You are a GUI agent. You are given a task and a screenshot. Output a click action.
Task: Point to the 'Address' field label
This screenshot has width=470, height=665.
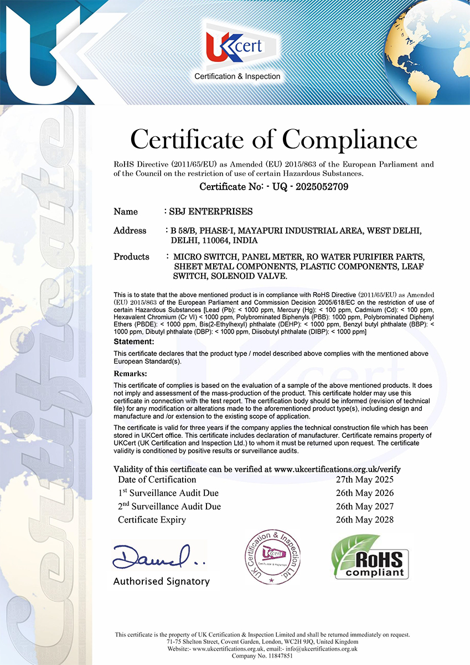pyautogui.click(x=130, y=231)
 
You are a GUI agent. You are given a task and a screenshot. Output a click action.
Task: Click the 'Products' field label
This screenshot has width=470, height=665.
pyautogui.click(x=132, y=257)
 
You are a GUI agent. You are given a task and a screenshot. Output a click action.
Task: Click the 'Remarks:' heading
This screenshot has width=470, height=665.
pyautogui.click(x=131, y=374)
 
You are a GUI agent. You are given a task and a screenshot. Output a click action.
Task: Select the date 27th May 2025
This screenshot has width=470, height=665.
pyautogui.click(x=365, y=479)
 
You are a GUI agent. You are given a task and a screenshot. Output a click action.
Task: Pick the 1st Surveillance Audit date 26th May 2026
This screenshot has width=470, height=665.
pyautogui.click(x=365, y=493)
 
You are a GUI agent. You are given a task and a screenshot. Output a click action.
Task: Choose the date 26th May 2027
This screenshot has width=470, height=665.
pyautogui.click(x=365, y=506)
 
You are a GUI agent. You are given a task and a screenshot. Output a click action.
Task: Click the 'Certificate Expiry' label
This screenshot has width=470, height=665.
pyautogui.click(x=152, y=519)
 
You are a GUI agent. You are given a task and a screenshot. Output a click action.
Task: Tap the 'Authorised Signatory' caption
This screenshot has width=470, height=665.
pyautogui.click(x=162, y=581)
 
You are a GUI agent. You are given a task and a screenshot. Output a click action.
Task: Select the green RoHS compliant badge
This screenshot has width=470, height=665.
pyautogui.click(x=370, y=556)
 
